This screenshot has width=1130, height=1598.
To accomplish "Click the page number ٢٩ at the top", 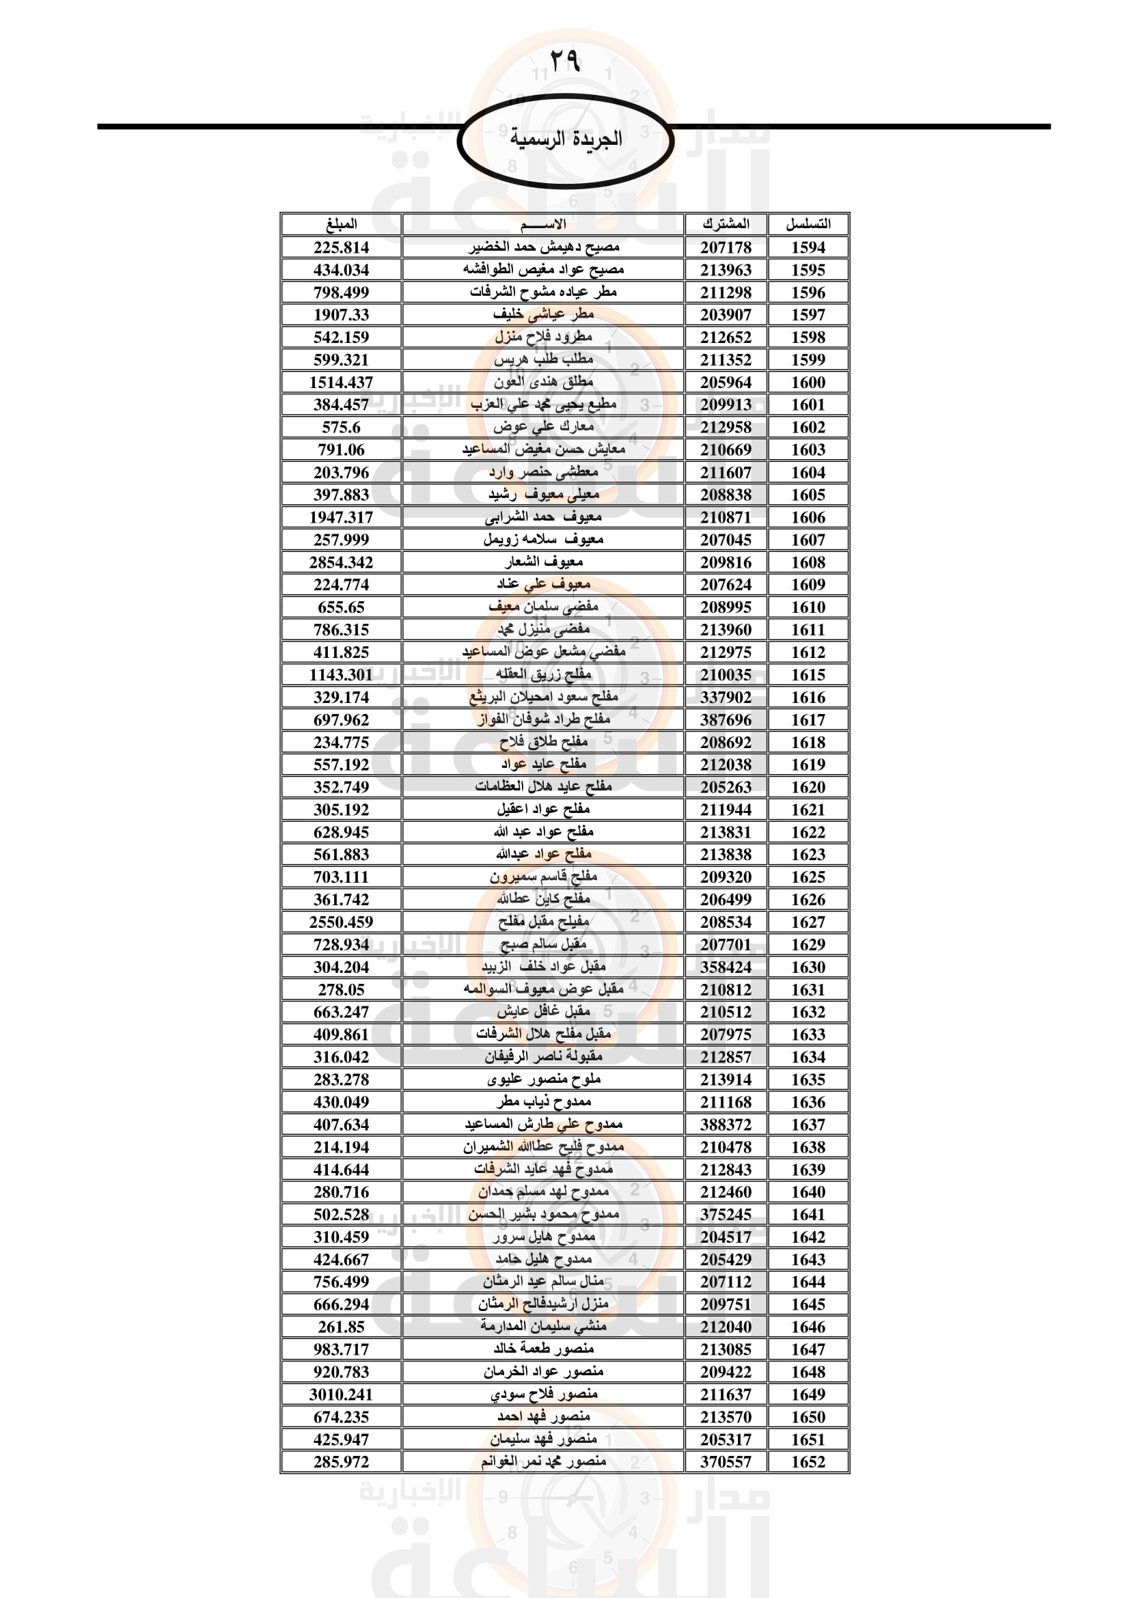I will point(564,61).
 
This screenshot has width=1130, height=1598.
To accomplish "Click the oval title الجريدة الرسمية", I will point(565,139).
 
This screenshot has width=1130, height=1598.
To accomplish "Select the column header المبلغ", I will point(341,224).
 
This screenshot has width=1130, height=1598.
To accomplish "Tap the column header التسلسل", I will point(808,224).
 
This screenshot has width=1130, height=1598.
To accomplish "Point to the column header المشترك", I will point(726,224).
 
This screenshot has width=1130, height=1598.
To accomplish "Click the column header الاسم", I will point(542,224).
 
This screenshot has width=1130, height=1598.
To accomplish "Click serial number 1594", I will point(808,247).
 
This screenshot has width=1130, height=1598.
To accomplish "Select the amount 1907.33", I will point(341,314).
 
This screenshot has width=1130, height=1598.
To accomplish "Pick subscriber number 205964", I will point(726,382).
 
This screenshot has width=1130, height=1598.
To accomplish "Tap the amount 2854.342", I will point(341,562).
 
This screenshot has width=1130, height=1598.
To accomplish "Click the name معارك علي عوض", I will point(542,426).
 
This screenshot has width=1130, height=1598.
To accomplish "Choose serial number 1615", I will point(808,674).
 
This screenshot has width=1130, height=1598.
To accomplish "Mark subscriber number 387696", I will point(726,719).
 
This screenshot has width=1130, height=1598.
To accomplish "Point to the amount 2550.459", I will point(341,922).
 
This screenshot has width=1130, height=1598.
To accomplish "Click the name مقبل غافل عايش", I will point(542,1011).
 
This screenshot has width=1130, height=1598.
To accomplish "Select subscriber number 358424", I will point(726,967).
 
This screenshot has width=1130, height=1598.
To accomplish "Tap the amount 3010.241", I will point(341,1394).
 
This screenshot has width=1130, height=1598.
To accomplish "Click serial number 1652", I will point(808,1461).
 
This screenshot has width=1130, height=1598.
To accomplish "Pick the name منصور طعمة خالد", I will point(542,1349).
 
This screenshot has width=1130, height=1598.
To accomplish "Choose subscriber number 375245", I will point(726,1215).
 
